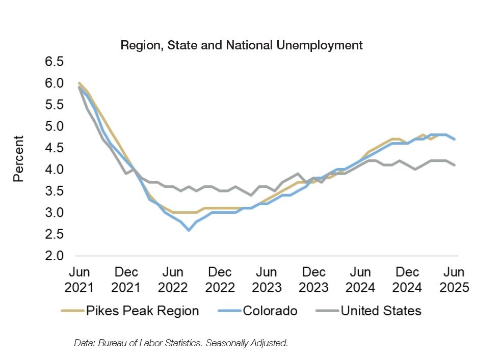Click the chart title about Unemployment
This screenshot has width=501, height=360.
[x=241, y=45]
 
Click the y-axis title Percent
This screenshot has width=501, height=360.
[x=19, y=158]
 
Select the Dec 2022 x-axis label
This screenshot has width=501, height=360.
[x=219, y=279]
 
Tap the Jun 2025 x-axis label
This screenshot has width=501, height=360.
[x=454, y=279]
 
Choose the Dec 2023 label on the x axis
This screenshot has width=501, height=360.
[x=313, y=279]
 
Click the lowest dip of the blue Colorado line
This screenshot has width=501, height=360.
[x=189, y=230]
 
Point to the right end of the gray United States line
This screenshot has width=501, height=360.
[x=455, y=165]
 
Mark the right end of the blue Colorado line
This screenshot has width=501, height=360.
[x=455, y=139]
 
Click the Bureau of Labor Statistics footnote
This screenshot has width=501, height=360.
[x=181, y=343]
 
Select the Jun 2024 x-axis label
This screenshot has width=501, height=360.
[x=360, y=279]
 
